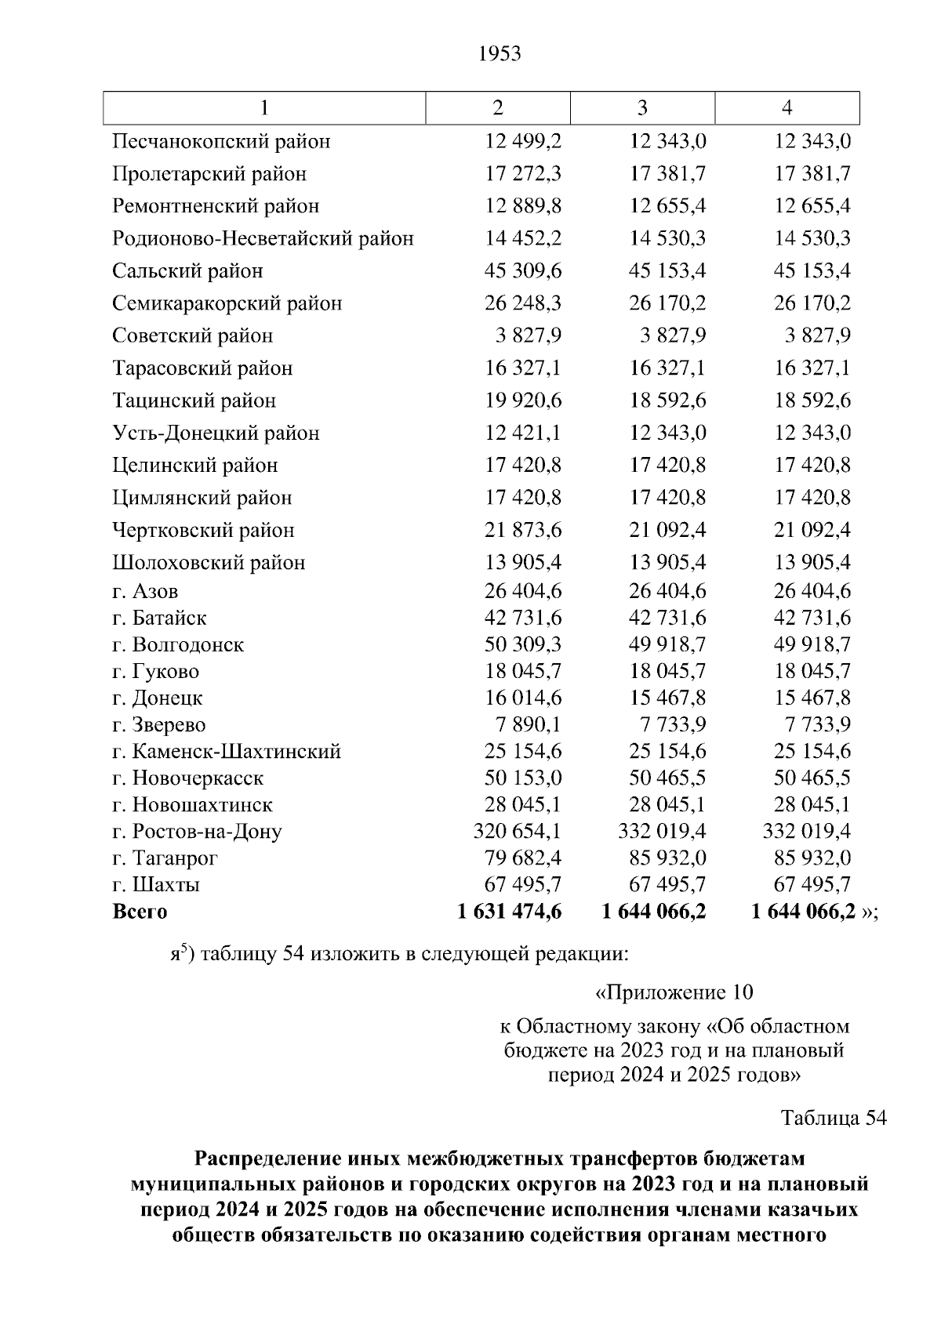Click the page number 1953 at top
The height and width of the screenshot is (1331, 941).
click(x=499, y=54)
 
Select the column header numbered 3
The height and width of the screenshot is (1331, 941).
click(x=642, y=108)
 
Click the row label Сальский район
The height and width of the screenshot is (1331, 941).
click(x=187, y=271)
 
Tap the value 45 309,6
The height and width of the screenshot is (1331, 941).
click(x=523, y=271)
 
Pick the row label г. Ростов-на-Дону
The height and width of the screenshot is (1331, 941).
click(x=197, y=832)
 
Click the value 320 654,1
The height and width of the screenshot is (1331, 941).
click(x=517, y=832)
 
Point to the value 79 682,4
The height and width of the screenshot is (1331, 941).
click(x=523, y=858)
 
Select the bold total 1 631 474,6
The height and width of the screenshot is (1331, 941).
click(x=509, y=912)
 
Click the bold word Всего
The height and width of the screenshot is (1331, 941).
click(x=140, y=912)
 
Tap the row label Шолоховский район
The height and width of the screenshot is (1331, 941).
click(x=209, y=563)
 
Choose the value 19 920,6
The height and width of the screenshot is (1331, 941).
click(x=523, y=401)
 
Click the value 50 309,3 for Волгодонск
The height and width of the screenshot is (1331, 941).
click(x=523, y=645)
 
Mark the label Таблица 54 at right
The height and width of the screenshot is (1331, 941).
click(x=834, y=1118)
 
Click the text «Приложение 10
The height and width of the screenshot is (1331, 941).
click(x=674, y=993)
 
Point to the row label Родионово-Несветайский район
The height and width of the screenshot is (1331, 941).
click(x=263, y=238)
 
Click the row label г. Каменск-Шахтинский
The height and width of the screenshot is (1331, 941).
click(x=226, y=752)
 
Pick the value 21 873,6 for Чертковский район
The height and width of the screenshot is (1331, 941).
click(x=523, y=531)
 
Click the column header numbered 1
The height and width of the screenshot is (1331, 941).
click(x=264, y=108)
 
